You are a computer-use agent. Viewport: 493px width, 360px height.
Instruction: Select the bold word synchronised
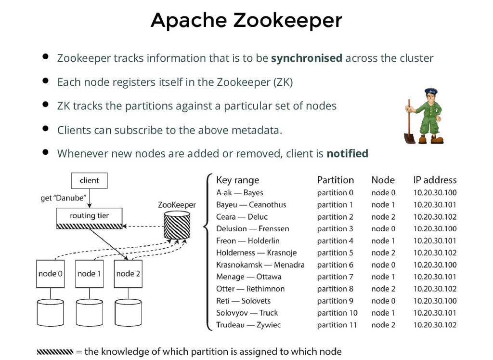pyautogui.click(x=307, y=59)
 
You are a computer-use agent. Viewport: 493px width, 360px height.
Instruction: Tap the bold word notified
pyautogui.click(x=347, y=154)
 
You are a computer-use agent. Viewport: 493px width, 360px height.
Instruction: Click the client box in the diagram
pyautogui.click(x=89, y=181)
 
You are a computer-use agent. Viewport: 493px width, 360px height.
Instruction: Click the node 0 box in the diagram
pyautogui.click(x=51, y=274)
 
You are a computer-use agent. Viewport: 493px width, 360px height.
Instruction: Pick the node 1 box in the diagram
pyautogui.click(x=90, y=274)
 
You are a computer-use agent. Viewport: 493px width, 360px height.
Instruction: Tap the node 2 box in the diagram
pyautogui.click(x=128, y=274)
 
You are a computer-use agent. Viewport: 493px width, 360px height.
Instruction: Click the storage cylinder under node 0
pyautogui.click(x=51, y=314)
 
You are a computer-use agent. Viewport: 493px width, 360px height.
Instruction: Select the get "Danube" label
pyautogui.click(x=64, y=198)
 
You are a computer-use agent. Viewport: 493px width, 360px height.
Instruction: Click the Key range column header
pyautogui.click(x=237, y=180)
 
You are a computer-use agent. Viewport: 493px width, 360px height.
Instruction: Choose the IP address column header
pyautogui.click(x=435, y=180)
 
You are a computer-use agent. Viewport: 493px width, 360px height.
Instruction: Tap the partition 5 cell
pyautogui.click(x=335, y=253)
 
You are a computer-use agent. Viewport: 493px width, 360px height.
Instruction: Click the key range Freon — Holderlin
pyautogui.click(x=247, y=241)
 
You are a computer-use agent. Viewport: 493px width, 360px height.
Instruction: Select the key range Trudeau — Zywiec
pyautogui.click(x=248, y=325)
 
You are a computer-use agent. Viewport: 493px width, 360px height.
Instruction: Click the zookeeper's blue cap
pyautogui.click(x=430, y=91)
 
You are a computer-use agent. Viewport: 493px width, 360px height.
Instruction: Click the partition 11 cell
pyautogui.click(x=337, y=325)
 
